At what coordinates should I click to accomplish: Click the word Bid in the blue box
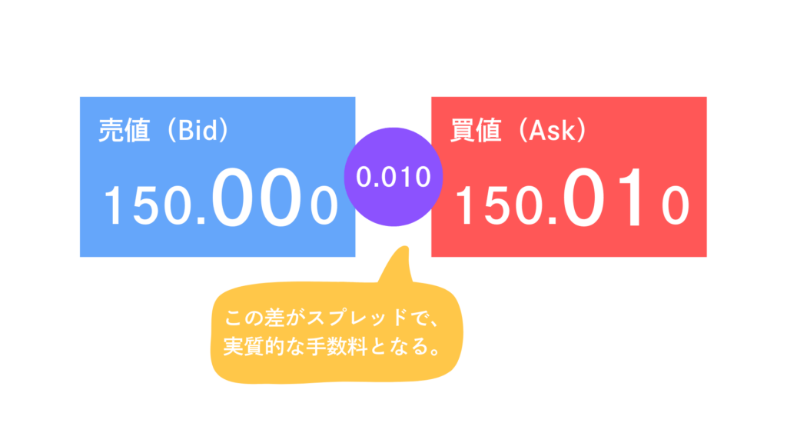click(199, 130)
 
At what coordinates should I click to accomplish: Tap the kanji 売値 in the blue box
click(124, 131)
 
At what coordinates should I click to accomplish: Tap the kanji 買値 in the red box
click(475, 131)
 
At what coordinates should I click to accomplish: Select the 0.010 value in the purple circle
click(393, 177)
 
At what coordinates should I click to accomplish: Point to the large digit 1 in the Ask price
click(630, 197)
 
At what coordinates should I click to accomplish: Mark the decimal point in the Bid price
click(202, 220)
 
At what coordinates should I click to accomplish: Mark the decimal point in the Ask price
click(553, 220)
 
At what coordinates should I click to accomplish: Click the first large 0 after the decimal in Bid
click(232, 197)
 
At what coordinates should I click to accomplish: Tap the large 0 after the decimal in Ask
click(583, 197)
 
